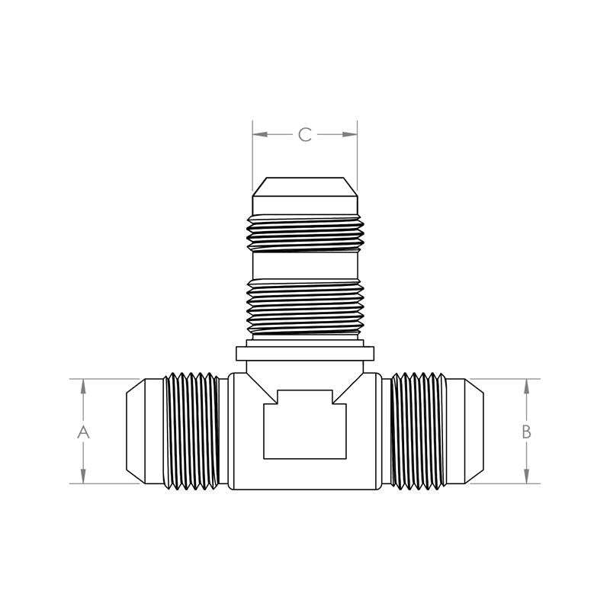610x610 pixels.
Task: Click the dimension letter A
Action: [83, 432]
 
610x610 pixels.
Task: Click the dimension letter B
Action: [526, 432]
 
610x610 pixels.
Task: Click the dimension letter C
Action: [305, 135]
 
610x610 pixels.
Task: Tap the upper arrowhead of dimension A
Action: [83, 387]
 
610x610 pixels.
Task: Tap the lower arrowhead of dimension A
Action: [83, 476]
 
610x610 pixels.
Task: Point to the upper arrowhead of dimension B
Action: [527, 387]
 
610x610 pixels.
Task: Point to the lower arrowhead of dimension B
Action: [527, 476]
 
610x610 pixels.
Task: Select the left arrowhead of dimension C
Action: [260, 135]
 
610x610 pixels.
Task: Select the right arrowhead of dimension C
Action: [350, 135]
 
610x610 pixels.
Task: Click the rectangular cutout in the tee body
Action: [305, 425]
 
